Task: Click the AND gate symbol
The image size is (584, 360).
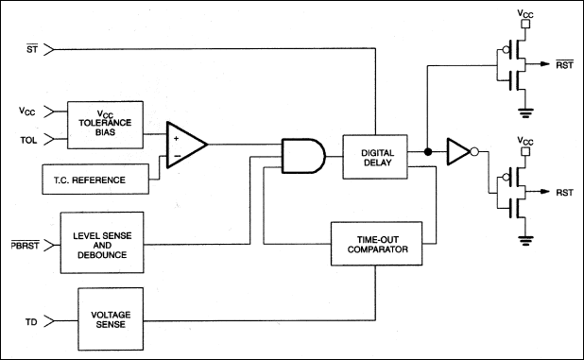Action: click(303, 156)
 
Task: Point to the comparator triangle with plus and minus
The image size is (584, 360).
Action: click(186, 145)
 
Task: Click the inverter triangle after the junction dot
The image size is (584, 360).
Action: click(458, 151)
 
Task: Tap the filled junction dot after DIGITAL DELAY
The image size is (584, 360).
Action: click(428, 151)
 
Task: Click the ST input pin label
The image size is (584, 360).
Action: click(32, 49)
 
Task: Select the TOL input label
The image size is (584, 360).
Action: click(28, 141)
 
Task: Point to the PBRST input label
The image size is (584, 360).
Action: click(25, 245)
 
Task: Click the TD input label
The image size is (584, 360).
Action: click(31, 321)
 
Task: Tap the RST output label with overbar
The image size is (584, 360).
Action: click(565, 64)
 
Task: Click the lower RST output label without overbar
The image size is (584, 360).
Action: click(565, 193)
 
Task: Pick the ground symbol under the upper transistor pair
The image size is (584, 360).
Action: click(525, 113)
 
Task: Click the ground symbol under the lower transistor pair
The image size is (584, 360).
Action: click(525, 241)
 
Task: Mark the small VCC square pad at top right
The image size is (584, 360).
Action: click(525, 25)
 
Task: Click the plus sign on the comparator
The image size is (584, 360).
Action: click(176, 138)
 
